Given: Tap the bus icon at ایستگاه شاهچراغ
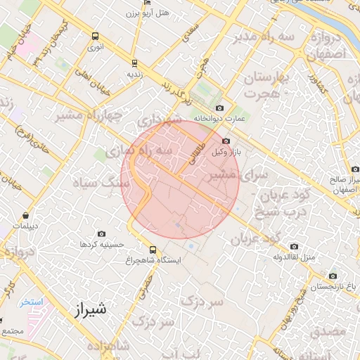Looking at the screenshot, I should click(x=153, y=250).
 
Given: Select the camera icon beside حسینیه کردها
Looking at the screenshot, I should click(x=102, y=234).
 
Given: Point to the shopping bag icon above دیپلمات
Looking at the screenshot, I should click(x=26, y=216).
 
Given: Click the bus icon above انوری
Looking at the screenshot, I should click(x=95, y=37).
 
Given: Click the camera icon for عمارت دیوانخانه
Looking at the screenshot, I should click(x=220, y=108).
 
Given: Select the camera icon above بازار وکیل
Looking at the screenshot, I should click(x=225, y=141).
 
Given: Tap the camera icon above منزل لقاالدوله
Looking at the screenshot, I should click(x=294, y=246).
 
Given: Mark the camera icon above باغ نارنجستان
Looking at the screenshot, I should click(x=333, y=276).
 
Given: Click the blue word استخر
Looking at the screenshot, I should click(x=31, y=302).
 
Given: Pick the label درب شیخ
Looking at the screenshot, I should click(x=286, y=212).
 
